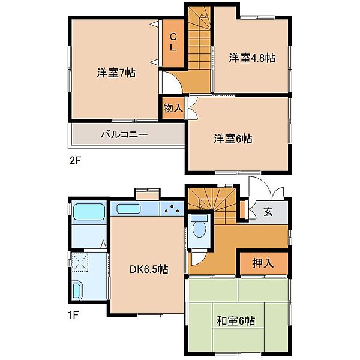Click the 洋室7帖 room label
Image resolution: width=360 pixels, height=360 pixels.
coord(116,73)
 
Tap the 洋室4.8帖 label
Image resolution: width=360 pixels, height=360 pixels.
coord(252,58)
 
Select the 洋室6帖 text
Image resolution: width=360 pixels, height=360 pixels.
coord(233,139)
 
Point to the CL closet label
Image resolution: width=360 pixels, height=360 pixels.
coord(173,42)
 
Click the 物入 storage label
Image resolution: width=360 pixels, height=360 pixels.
coord(173,107)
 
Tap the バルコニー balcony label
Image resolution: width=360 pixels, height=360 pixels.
coord(124,134)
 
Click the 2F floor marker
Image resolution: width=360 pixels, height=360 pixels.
coord(76,160)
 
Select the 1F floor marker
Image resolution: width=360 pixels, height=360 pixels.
coord(73,314)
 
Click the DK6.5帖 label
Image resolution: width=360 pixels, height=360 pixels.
coord(149,269)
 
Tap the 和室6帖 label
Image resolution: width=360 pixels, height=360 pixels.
coord(236,321)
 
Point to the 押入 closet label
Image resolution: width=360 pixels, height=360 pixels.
coord(263,263)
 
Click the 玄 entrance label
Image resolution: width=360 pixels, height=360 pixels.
coord(268,212)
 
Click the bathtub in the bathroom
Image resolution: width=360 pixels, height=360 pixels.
coord(89,212)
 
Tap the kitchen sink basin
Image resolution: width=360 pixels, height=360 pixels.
coord(128,209)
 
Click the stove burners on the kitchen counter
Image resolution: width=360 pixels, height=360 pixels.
coord(172,209)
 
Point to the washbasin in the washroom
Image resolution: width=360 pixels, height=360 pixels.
coord(77,290)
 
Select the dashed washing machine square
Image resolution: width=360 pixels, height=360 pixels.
coord(80,262)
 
